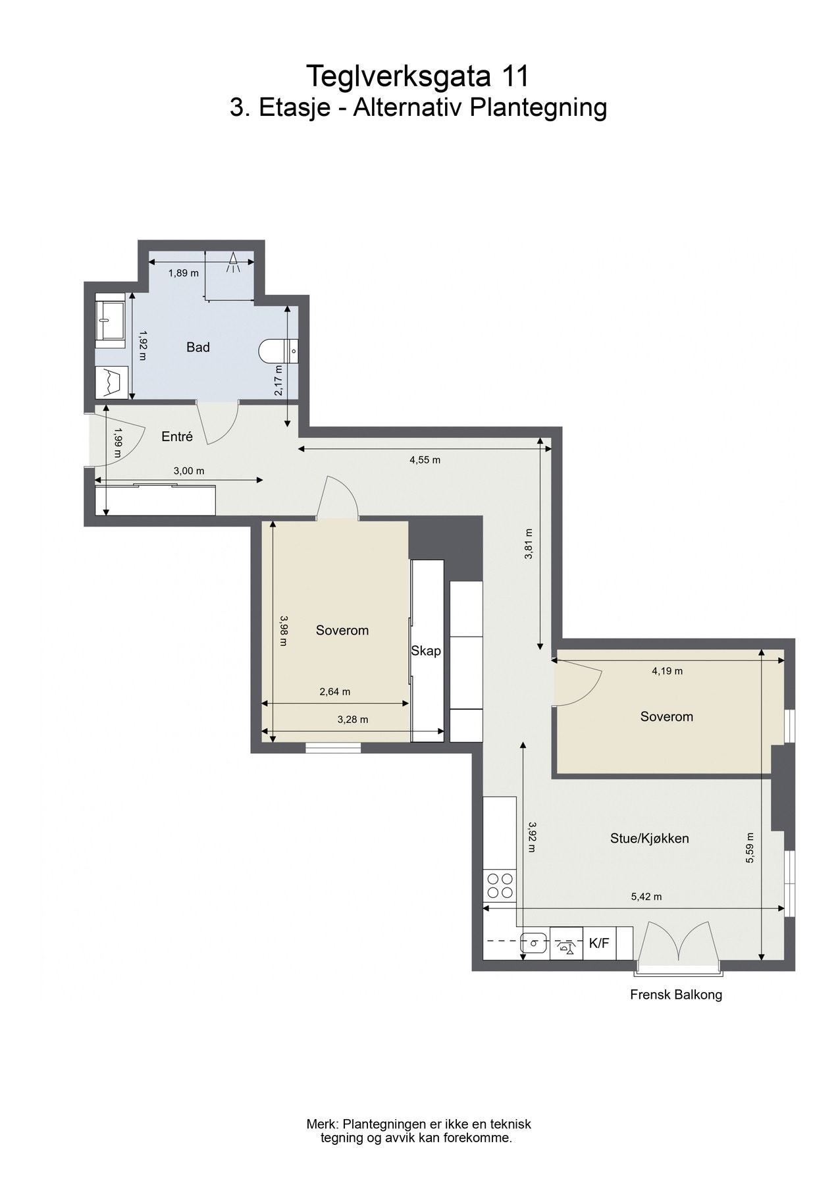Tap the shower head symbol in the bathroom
click(x=232, y=263)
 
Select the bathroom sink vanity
click(x=110, y=323)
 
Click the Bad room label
click(x=197, y=347)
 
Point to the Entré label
click(x=177, y=436)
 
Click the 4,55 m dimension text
click(x=425, y=460)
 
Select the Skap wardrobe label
click(x=426, y=651)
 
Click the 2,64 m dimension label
click(x=334, y=691)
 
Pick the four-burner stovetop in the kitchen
click(x=499, y=885)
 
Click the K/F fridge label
click(x=599, y=943)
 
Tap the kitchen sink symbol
click(x=534, y=943)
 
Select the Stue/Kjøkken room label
click(x=649, y=838)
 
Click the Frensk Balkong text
click(x=675, y=995)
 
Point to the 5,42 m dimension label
click(x=646, y=897)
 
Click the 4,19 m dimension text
click(x=667, y=671)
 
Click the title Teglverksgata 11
click(x=418, y=77)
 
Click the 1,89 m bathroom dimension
click(x=183, y=273)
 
